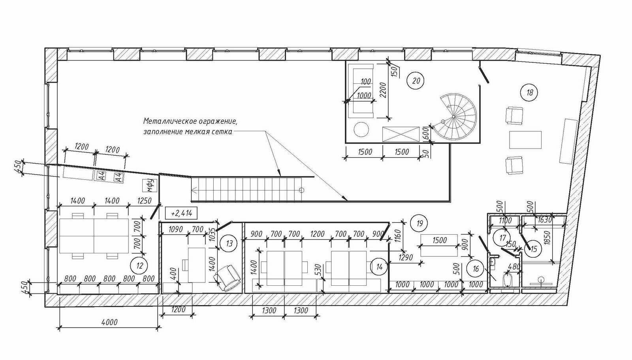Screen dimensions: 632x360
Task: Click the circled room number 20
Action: click(x=416, y=81)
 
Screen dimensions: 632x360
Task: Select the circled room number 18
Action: click(x=530, y=92)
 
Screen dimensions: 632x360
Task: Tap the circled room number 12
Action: click(x=140, y=266)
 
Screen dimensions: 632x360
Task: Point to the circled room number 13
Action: click(x=229, y=243)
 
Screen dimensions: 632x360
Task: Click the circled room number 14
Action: click(x=380, y=267)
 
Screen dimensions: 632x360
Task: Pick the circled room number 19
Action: click(x=420, y=223)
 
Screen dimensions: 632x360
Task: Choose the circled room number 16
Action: click(x=476, y=268)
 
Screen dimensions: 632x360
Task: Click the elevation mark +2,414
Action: click(x=181, y=213)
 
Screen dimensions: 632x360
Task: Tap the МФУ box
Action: click(x=150, y=185)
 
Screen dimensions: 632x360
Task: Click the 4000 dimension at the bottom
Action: click(x=109, y=322)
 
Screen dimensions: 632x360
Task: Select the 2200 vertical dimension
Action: click(x=383, y=90)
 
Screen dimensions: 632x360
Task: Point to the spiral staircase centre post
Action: click(x=453, y=117)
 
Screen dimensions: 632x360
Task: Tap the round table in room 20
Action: click(x=361, y=130)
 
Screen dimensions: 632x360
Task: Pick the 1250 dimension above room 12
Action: click(x=144, y=201)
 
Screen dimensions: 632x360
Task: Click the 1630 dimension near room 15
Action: click(x=545, y=219)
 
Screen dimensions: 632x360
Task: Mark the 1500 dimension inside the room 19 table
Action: click(x=439, y=240)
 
